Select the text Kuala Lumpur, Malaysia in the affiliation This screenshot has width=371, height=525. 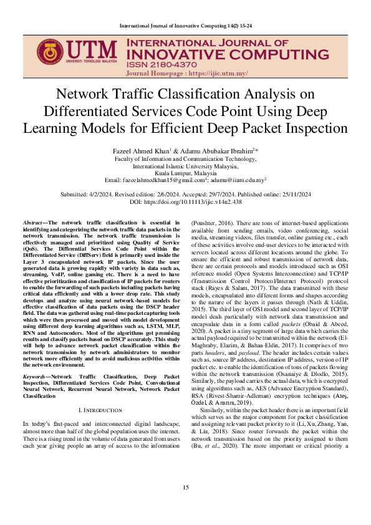click(185, 173)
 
